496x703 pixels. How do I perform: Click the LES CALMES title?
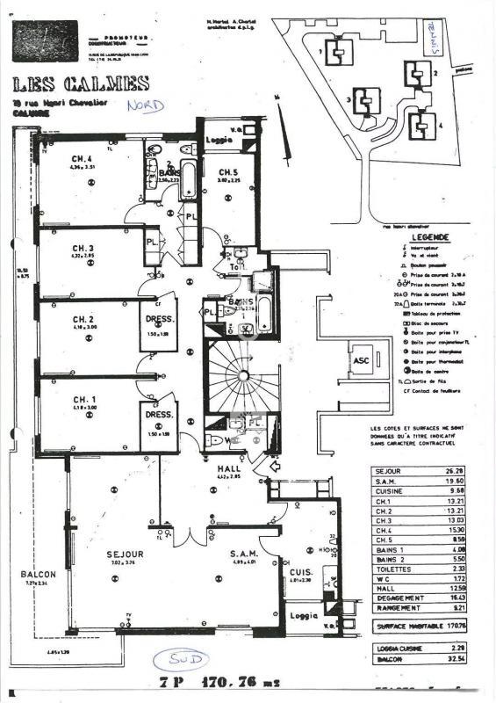click(x=81, y=85)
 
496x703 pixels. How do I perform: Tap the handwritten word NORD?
click(x=145, y=105)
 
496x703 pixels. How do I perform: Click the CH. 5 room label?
click(x=229, y=172)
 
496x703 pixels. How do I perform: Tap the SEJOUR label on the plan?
click(x=126, y=554)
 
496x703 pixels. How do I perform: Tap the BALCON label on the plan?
click(x=38, y=575)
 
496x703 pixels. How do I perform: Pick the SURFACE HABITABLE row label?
click(x=404, y=627)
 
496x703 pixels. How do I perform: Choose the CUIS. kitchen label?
click(x=298, y=571)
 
